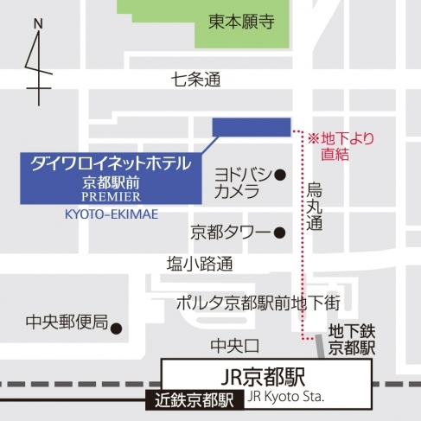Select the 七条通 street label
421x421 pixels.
tap(196, 80)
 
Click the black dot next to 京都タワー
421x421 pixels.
tap(279, 233)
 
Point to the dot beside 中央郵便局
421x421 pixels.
tap(117, 328)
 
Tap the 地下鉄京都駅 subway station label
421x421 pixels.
tap(352, 340)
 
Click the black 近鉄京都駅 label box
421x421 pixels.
tap(195, 399)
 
